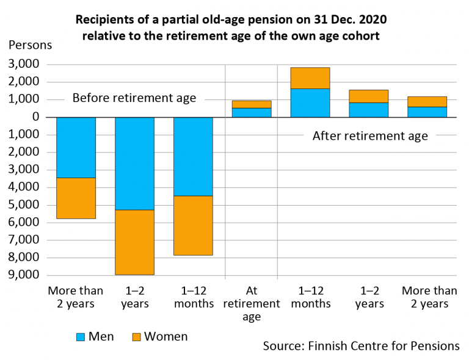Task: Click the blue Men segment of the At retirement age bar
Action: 252,112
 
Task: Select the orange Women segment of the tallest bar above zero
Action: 310,78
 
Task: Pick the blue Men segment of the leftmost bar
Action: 76,147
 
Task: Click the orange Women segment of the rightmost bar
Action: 427,101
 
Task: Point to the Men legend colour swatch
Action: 81,336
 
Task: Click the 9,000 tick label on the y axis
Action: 24,275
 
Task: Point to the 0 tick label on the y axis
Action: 35,117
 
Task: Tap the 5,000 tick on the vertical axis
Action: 24,205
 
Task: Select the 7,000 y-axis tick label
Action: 24,240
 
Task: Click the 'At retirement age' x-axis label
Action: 252,303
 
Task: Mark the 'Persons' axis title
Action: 30,45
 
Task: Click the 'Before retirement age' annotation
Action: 134,98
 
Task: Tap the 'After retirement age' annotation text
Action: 370,136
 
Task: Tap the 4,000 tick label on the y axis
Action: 24,187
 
